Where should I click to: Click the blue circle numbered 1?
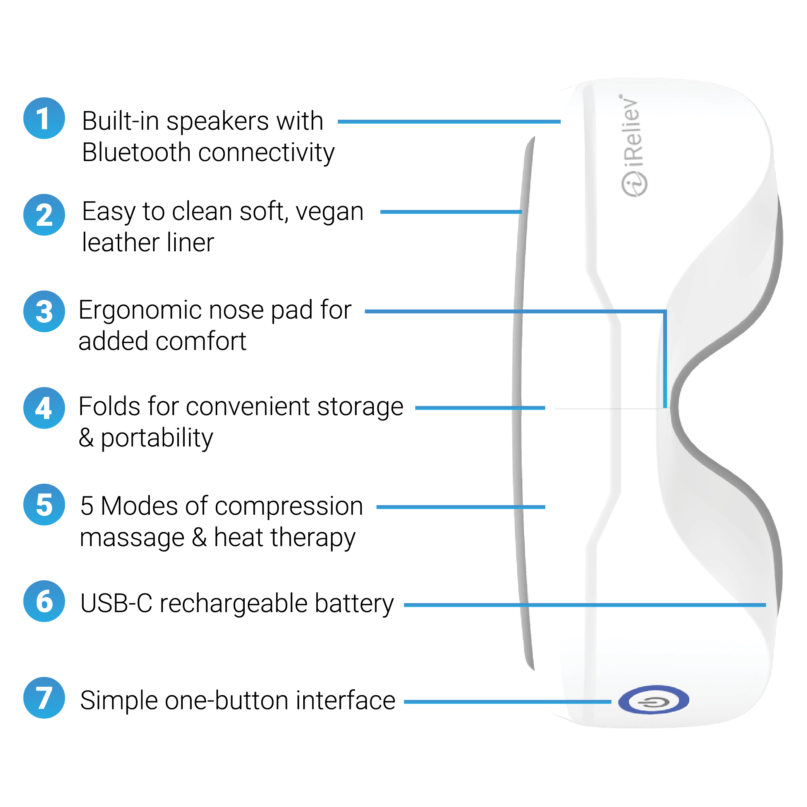click(44, 118)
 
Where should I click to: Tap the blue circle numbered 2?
click(44, 215)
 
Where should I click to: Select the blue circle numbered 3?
click(44, 311)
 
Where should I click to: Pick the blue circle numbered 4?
click(44, 408)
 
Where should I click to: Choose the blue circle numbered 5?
click(44, 504)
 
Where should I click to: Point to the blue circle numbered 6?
click(44, 601)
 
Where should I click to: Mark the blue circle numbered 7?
click(44, 697)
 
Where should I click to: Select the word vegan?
click(330, 212)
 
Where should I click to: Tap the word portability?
click(157, 439)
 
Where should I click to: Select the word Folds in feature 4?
click(106, 407)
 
